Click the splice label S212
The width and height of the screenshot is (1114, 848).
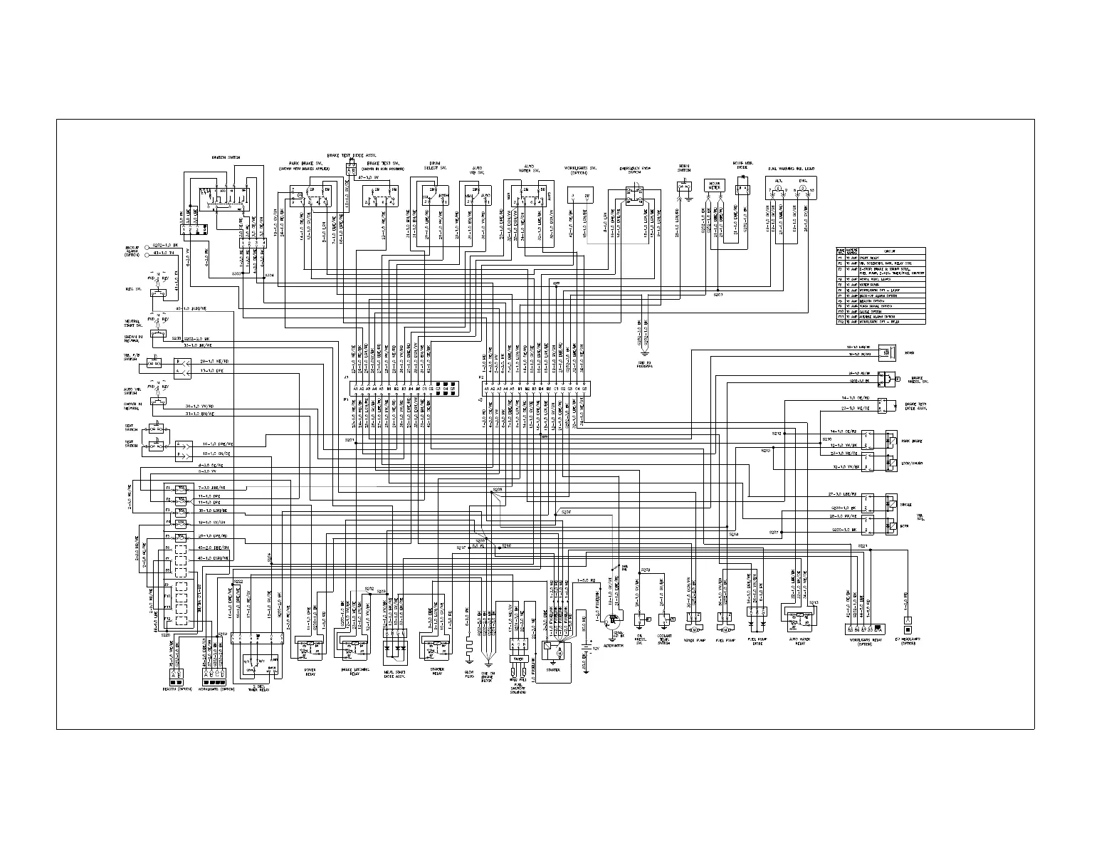(x=777, y=433)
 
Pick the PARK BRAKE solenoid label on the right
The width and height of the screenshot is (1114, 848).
(x=914, y=441)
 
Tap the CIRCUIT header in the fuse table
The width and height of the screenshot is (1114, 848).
(x=889, y=251)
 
